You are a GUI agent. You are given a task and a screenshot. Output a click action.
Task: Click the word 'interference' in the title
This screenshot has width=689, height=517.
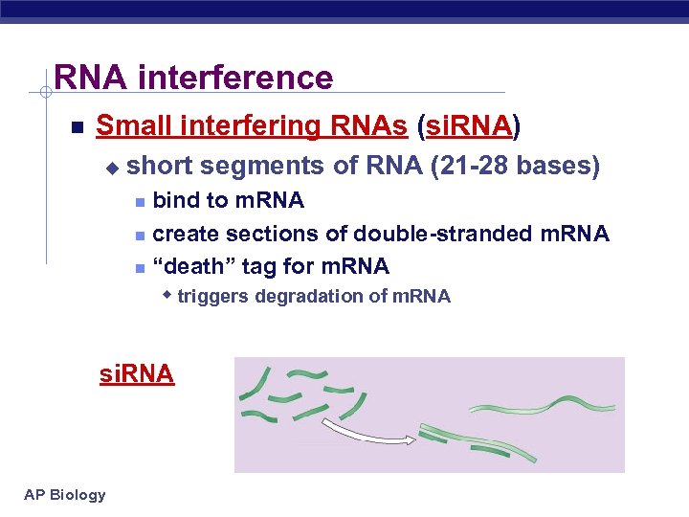point(235,77)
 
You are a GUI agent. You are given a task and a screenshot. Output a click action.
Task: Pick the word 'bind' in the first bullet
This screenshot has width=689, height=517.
point(176,201)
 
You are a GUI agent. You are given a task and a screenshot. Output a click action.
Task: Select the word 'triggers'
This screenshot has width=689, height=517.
point(211,297)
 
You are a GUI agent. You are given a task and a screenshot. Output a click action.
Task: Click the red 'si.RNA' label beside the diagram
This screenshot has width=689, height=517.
point(137,374)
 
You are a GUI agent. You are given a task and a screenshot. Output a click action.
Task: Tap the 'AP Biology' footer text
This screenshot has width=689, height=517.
point(65,495)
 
